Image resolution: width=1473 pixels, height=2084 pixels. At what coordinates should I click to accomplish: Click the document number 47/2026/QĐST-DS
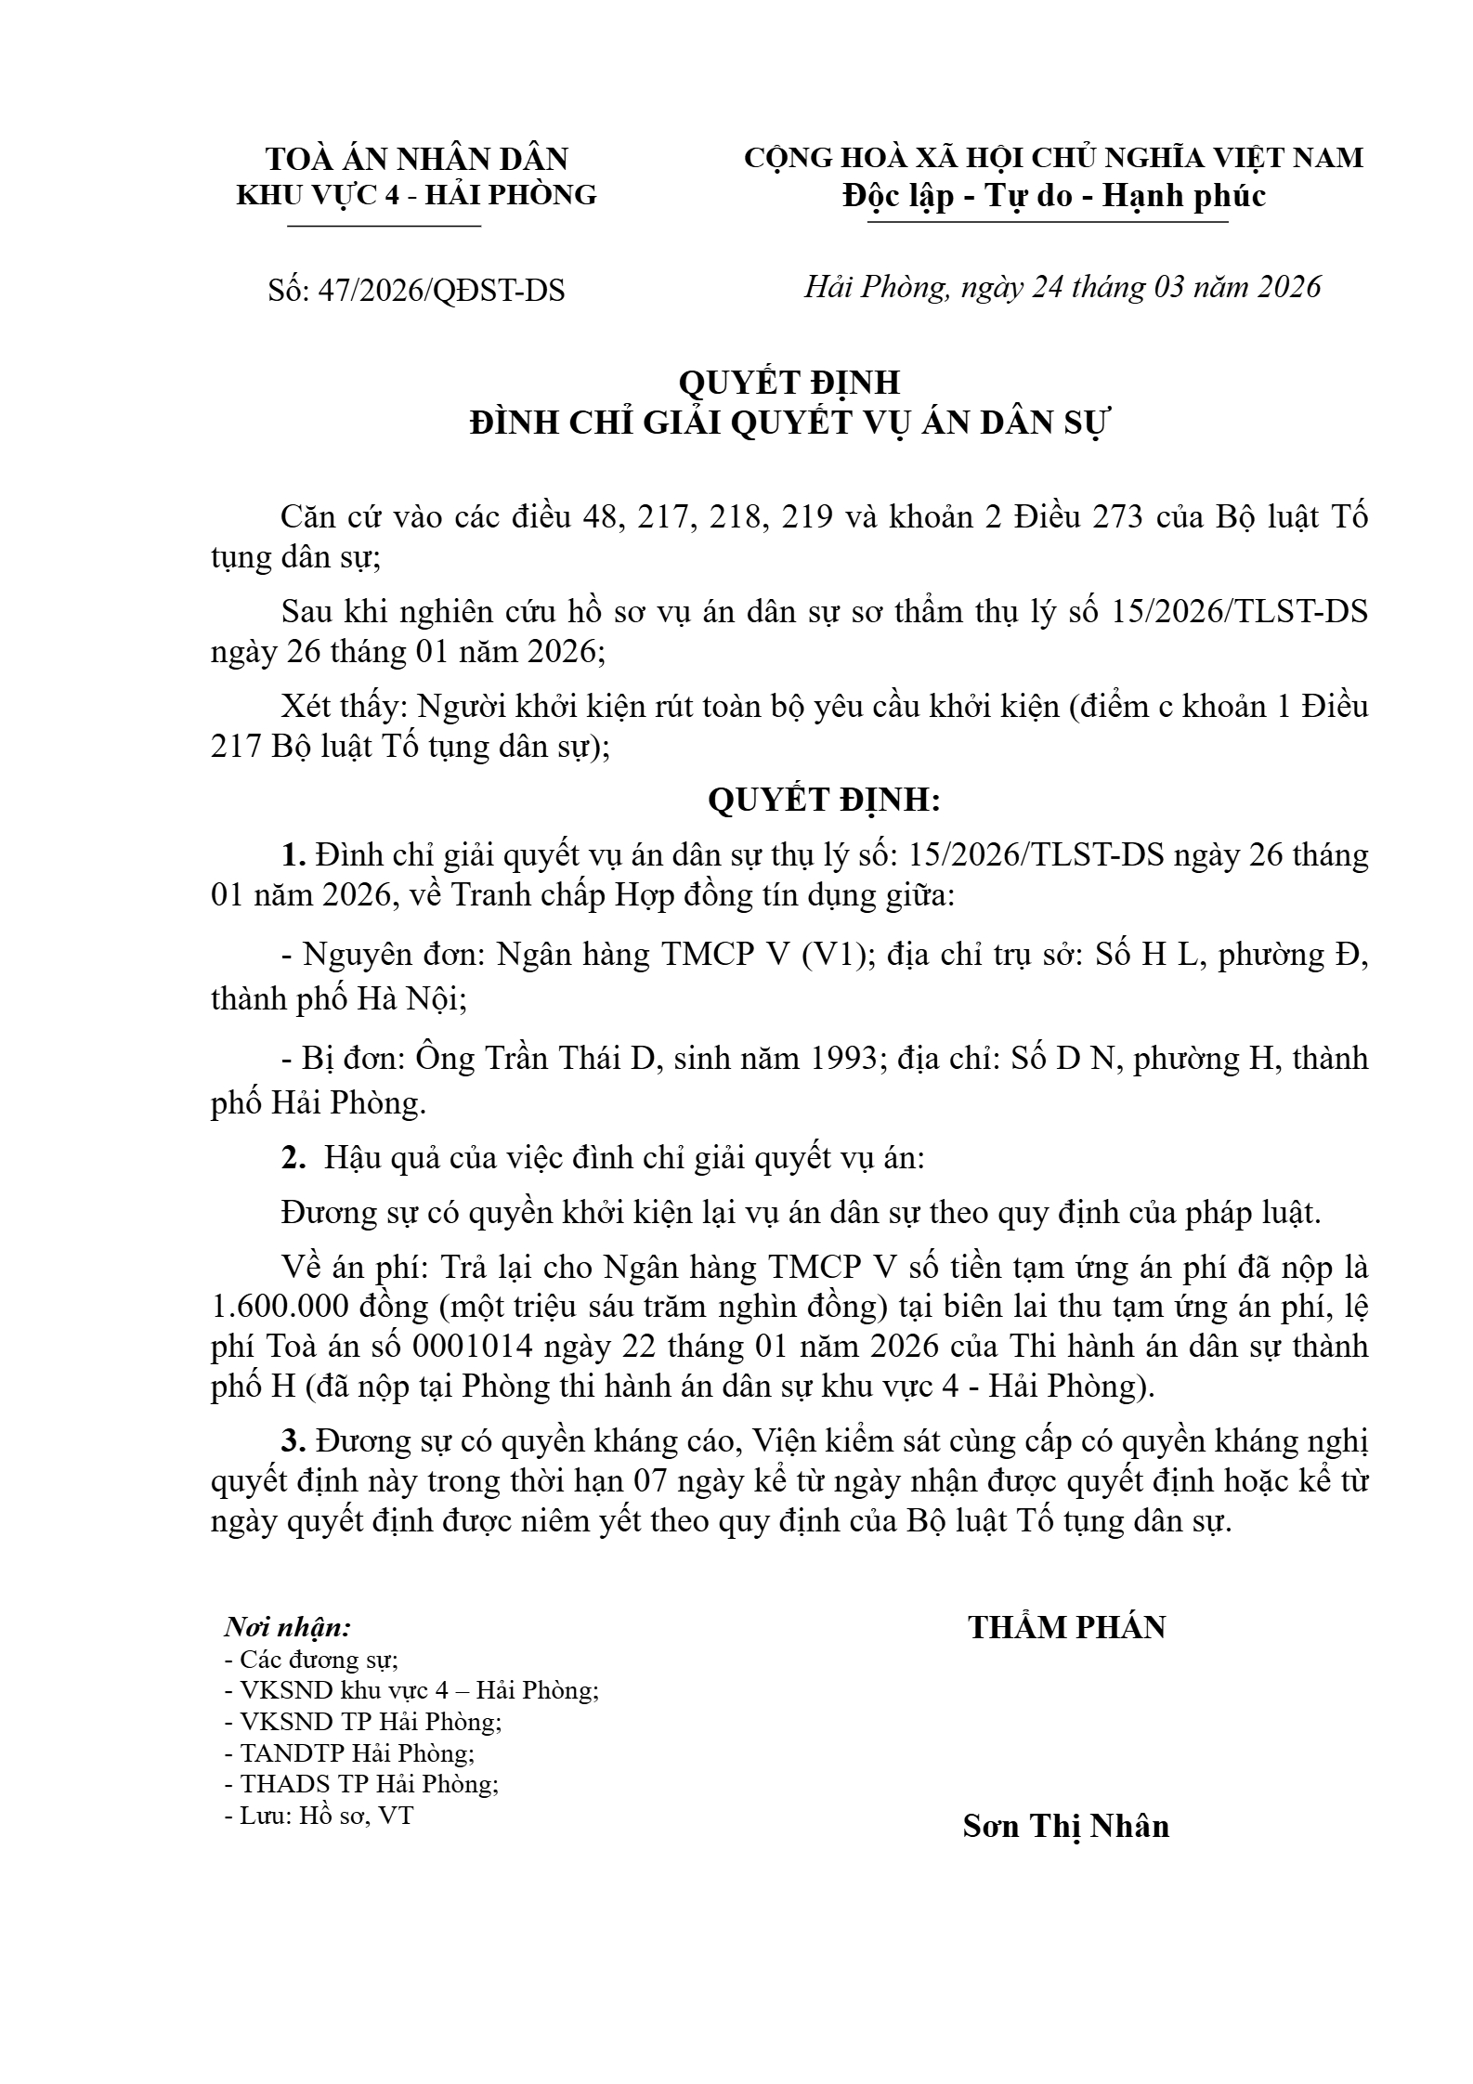(x=440, y=291)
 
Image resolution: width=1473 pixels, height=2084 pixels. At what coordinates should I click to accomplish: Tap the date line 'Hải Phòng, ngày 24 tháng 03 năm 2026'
(x=1062, y=287)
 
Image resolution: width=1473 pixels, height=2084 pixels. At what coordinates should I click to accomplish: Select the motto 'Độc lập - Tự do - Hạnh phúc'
(x=1054, y=196)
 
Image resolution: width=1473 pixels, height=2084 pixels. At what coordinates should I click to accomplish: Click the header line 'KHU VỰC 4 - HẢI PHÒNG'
(x=417, y=195)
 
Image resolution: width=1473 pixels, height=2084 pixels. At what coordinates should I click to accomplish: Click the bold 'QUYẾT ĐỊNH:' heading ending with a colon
(x=824, y=800)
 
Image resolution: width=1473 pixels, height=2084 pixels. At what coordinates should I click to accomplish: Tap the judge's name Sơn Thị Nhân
(x=1065, y=1826)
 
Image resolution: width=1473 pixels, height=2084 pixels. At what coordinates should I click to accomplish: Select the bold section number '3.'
(x=293, y=1441)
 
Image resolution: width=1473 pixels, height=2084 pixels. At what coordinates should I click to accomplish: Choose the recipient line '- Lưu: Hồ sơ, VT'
(x=319, y=1816)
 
